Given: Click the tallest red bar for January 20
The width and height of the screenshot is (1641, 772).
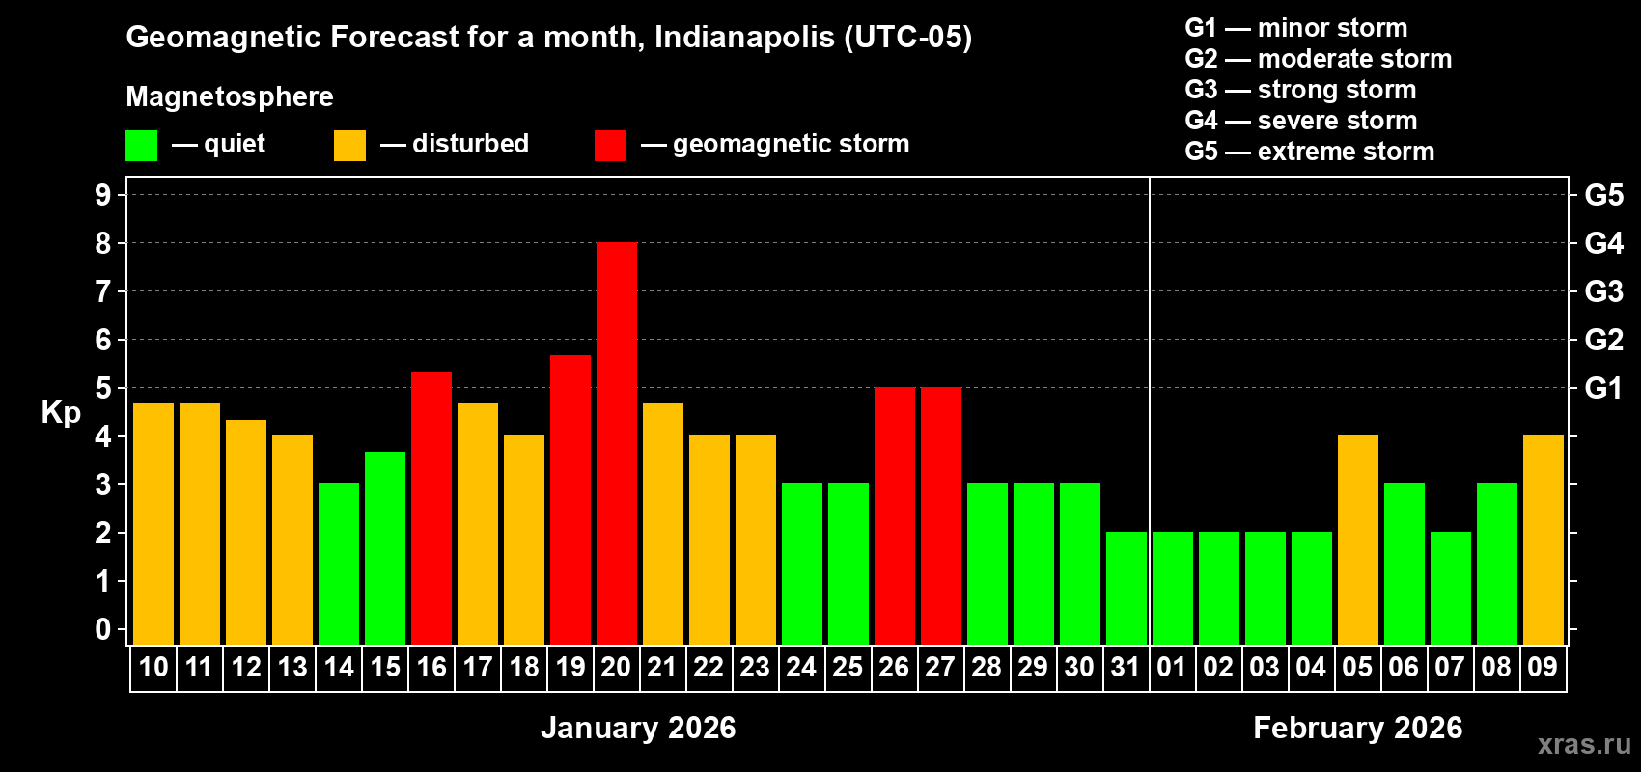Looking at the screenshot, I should [x=616, y=443].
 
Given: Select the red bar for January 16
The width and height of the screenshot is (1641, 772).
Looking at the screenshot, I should [x=431, y=508].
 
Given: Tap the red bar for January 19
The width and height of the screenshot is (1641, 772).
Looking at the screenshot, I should [x=570, y=499].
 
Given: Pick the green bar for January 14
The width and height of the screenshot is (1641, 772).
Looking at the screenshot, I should [x=338, y=564].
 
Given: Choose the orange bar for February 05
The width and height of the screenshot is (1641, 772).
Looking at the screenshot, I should [x=1357, y=539].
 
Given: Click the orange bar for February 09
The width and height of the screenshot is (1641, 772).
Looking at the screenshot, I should [x=1543, y=539].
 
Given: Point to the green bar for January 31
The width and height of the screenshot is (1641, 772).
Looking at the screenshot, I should [x=1126, y=588].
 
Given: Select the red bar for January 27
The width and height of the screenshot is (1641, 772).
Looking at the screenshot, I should [x=940, y=515].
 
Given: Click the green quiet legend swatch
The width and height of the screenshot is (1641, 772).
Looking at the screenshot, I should [x=141, y=146].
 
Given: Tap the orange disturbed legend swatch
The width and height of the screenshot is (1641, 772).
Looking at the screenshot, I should [x=349, y=146].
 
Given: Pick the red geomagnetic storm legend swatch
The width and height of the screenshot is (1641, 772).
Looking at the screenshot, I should [x=610, y=146].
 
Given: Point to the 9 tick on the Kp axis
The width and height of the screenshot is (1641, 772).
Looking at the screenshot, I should [x=103, y=195].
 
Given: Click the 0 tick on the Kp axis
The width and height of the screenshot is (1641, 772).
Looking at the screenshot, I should [x=103, y=629].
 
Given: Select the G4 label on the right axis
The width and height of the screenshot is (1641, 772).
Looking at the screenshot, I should [x=1603, y=243].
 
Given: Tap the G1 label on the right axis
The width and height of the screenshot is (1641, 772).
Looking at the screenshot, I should [x=1603, y=388].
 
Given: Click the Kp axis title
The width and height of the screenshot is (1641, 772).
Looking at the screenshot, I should [x=61, y=412].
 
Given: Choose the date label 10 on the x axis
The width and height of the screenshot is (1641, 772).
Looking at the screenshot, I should [x=153, y=667].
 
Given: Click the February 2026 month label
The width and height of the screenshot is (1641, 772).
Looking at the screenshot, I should [x=1357, y=728].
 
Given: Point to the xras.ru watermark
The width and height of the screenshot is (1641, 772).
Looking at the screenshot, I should [x=1584, y=743].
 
